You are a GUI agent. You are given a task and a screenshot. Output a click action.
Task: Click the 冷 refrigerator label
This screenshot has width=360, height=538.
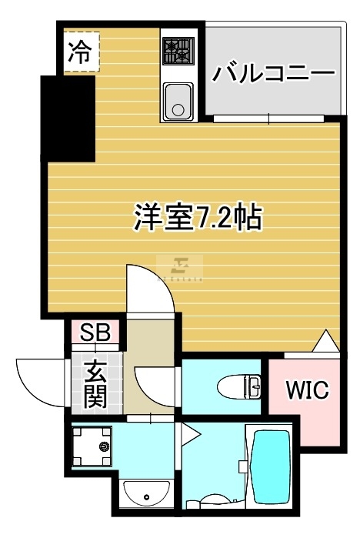79,52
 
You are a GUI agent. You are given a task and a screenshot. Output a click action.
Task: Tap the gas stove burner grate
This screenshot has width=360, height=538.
178,51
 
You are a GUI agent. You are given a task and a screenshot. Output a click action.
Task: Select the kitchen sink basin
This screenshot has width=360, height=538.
178,101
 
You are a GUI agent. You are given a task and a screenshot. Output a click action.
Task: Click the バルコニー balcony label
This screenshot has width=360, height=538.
273,72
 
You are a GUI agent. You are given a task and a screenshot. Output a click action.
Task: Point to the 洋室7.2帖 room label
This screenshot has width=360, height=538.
198,217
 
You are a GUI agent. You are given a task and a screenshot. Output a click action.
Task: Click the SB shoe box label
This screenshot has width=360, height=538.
95,332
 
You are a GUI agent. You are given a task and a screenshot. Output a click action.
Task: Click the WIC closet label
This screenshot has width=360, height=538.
308,390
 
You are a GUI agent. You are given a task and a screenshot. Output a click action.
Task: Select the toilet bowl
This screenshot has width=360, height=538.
239,386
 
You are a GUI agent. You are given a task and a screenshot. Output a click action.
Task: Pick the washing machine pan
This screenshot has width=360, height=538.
92,446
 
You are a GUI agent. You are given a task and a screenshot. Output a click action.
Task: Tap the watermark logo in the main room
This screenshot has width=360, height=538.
180,269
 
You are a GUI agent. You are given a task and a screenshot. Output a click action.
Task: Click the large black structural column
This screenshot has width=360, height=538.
68,119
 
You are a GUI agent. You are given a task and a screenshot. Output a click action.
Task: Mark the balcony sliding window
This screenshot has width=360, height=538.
268,119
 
